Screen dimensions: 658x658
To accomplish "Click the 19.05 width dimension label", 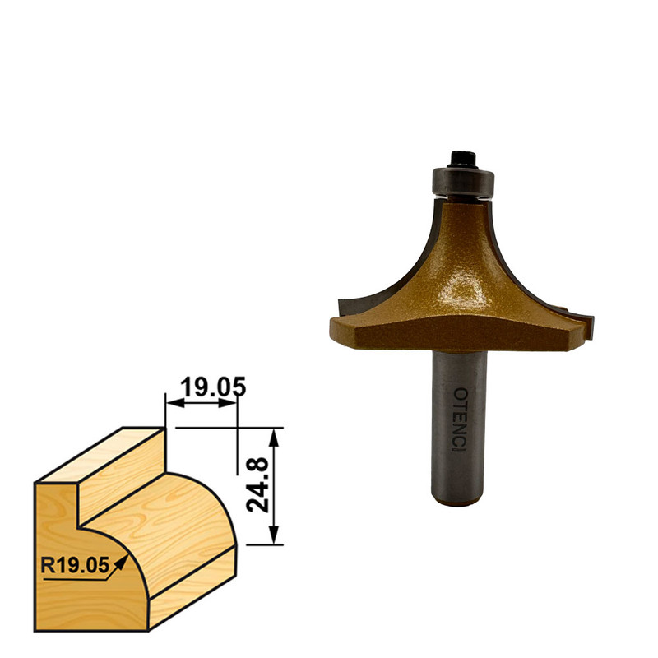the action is (213, 387).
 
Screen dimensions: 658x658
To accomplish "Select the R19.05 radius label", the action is (75, 565).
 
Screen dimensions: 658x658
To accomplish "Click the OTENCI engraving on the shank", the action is (461, 419).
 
